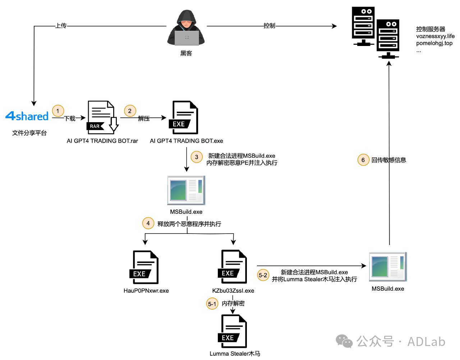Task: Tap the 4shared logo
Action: pyautogui.click(x=27, y=116)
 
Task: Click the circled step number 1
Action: pyautogui.click(x=58, y=111)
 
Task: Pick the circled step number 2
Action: pyautogui.click(x=130, y=111)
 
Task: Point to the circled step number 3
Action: pyautogui.click(x=197, y=157)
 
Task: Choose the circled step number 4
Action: pyautogui.click(x=148, y=223)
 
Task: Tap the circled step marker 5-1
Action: pyautogui.click(x=212, y=304)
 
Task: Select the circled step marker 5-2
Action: pyautogui.click(x=263, y=276)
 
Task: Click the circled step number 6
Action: pyautogui.click(x=363, y=160)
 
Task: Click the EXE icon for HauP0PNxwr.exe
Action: pyautogui.click(x=145, y=267)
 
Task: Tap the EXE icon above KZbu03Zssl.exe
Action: pyautogui.click(x=233, y=267)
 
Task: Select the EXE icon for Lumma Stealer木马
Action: pyautogui.click(x=233, y=331)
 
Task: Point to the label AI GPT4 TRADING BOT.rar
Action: pyautogui.click(x=102, y=141)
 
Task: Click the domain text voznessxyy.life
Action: pyautogui.click(x=435, y=36)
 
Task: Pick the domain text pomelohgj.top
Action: pyautogui.click(x=434, y=43)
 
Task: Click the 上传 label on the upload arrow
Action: pyautogui.click(x=61, y=26)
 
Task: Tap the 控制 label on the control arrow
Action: pyautogui.click(x=269, y=26)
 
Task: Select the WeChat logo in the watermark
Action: pyautogui.click(x=344, y=341)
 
